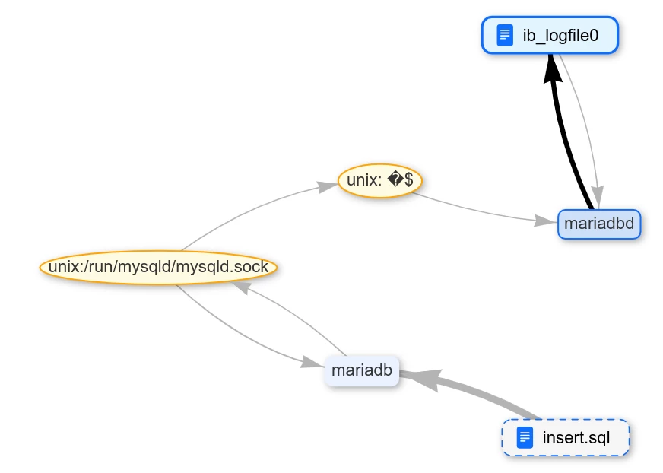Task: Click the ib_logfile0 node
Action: tap(550, 36)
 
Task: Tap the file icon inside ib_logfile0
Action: tap(504, 36)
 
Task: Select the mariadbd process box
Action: tap(599, 224)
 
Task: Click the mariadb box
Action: tap(361, 370)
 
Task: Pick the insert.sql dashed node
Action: tap(565, 437)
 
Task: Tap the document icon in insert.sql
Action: tap(525, 437)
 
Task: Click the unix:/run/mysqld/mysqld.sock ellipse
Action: tap(158, 268)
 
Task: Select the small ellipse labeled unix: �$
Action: tap(379, 181)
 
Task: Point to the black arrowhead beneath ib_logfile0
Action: tap(553, 69)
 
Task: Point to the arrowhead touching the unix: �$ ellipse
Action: tap(327, 186)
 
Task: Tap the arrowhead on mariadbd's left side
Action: tap(545, 221)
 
